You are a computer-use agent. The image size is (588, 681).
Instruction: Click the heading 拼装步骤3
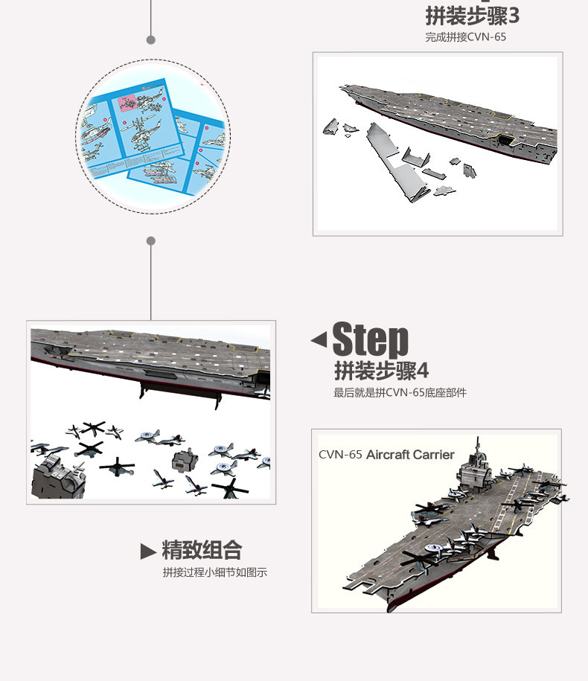pos(472,16)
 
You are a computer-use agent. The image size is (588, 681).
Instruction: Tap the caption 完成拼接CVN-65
pos(465,37)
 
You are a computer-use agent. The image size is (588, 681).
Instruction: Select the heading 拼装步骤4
pos(381,371)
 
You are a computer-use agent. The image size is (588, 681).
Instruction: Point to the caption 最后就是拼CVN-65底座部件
pos(400,393)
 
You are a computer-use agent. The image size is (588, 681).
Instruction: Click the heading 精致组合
pos(202,550)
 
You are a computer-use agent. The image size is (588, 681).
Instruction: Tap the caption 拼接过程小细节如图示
pos(215,572)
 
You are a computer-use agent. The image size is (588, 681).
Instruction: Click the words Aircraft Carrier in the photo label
pos(410,455)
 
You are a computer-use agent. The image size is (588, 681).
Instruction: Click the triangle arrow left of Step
pos(319,339)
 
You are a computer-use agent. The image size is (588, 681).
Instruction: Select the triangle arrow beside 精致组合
pos(148,551)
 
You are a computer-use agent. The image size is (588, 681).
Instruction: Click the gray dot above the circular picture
pos(150,40)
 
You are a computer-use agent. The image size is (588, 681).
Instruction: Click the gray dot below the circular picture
pos(150,241)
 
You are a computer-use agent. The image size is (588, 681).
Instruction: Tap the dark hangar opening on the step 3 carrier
pos(505,141)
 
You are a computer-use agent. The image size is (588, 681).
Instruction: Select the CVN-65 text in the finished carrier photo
pos(340,455)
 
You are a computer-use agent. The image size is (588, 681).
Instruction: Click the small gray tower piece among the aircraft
pos(185,460)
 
